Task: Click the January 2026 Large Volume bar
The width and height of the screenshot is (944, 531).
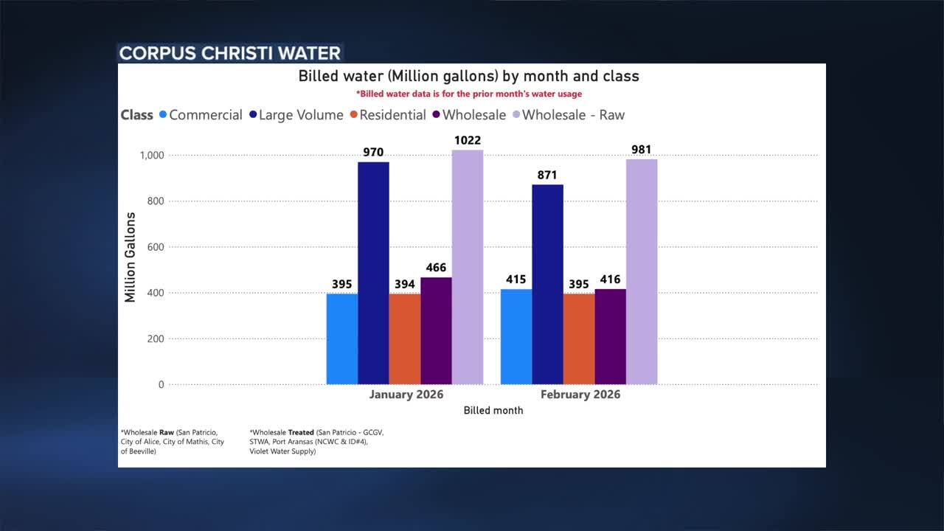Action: [373, 273]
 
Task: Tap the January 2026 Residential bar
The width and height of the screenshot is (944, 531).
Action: [405, 339]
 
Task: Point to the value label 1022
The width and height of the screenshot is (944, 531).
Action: [468, 140]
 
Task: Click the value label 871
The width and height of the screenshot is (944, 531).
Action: [547, 175]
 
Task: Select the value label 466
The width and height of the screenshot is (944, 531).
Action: [436, 268]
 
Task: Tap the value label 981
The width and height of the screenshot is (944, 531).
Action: [642, 150]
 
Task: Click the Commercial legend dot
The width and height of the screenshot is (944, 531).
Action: [163, 115]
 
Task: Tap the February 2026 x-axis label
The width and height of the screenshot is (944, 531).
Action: [580, 395]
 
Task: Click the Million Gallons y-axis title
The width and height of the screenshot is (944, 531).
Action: [131, 257]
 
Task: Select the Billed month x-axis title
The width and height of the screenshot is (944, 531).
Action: [493, 410]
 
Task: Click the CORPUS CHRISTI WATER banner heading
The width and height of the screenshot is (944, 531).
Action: [230, 53]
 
